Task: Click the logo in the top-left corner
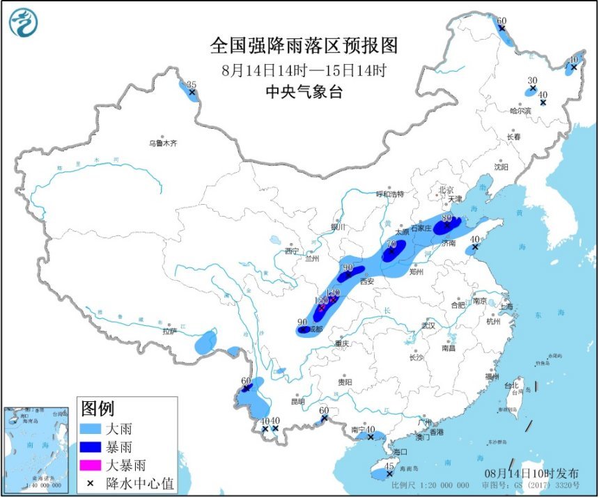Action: [x=24, y=22]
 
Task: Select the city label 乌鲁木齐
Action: [x=163, y=143]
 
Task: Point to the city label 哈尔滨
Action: [x=520, y=110]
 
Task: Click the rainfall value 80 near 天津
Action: [x=447, y=217]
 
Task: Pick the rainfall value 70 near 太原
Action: [x=391, y=244]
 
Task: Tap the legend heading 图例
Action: [x=98, y=409]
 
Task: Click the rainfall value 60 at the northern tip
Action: [x=501, y=20]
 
